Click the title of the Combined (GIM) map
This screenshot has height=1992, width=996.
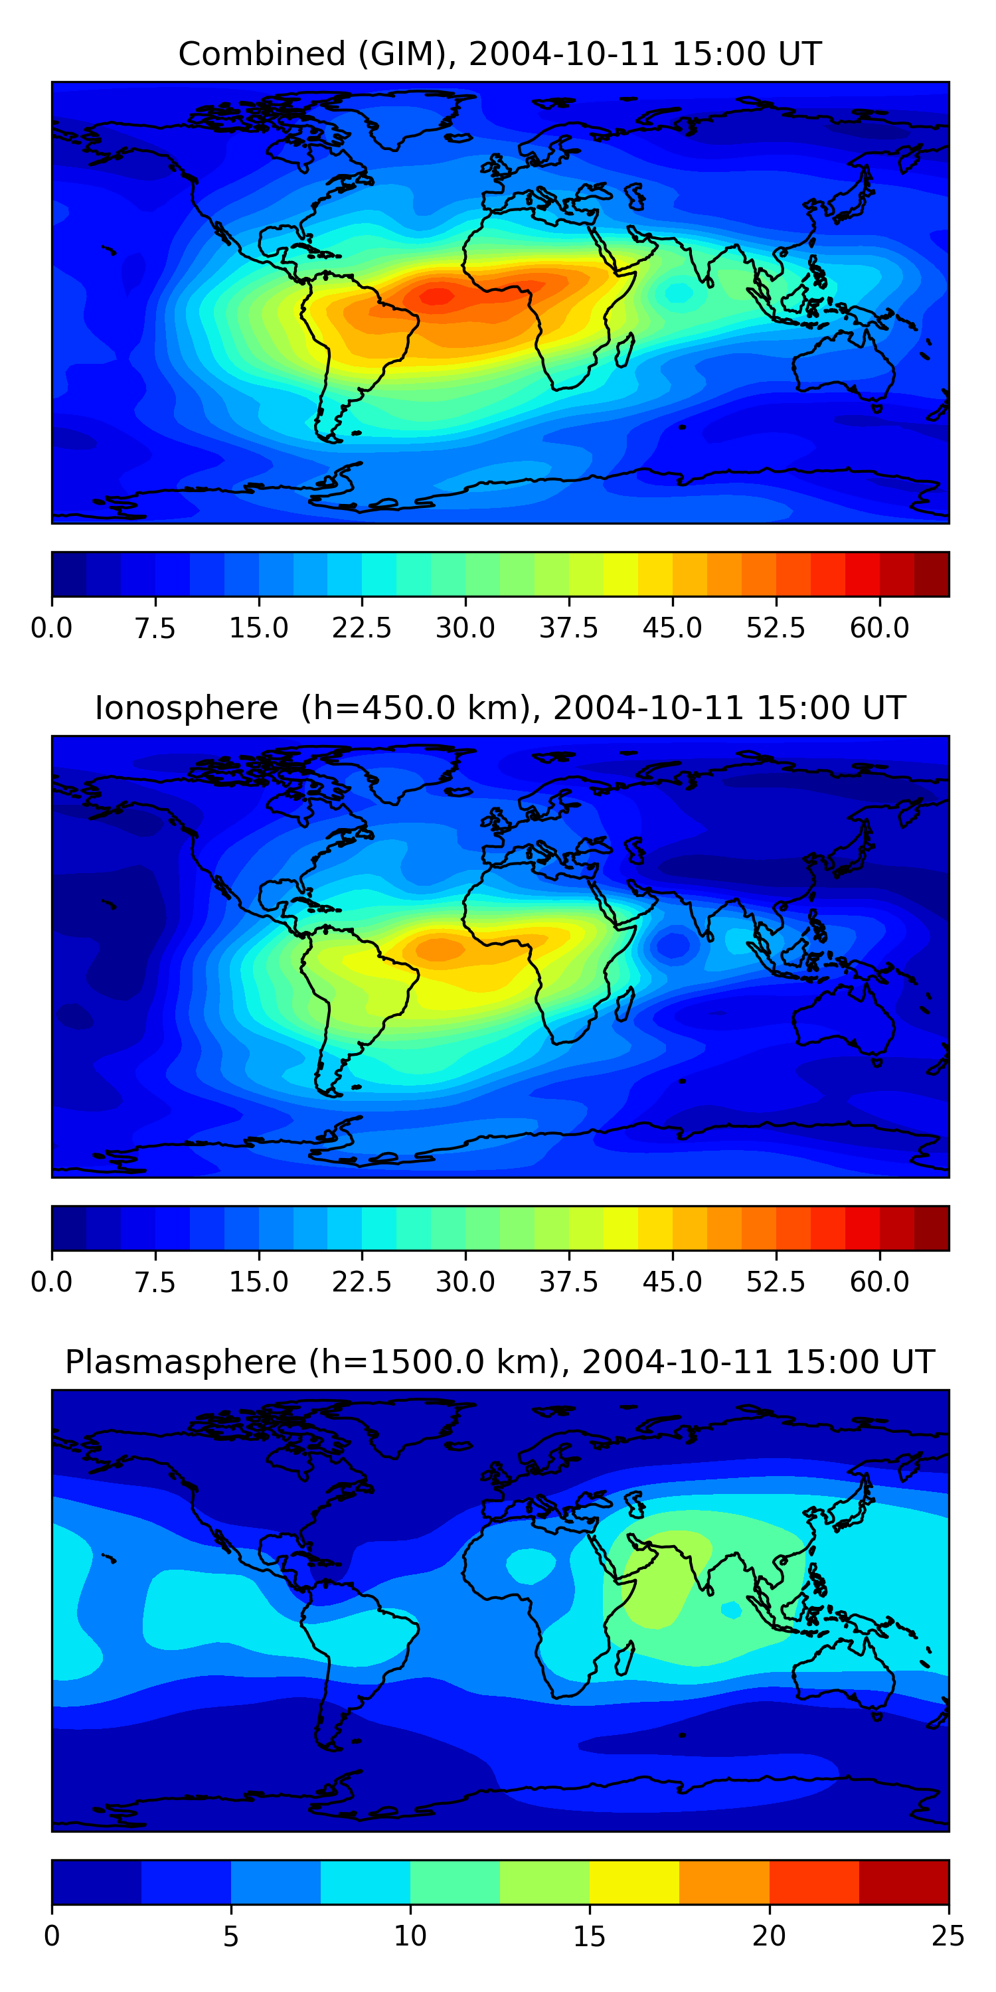499,54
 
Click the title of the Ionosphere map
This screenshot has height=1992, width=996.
499,708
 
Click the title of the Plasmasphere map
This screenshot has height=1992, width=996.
499,1362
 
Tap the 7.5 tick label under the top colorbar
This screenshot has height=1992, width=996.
155,628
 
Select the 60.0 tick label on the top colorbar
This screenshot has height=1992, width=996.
879,628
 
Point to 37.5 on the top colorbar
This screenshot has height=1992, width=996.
568,628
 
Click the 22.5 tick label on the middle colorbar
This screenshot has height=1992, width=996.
362,1282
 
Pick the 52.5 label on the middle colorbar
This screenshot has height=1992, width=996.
776,1282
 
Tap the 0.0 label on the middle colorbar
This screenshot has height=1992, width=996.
52,1282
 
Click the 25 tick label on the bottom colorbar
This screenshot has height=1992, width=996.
948,1936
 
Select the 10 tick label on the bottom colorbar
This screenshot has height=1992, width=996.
410,1936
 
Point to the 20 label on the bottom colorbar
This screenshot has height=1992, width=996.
769,1936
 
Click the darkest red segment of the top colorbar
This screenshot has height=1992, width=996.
931,574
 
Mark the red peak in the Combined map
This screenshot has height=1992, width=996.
437,296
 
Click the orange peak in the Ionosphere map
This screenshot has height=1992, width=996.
439,949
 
